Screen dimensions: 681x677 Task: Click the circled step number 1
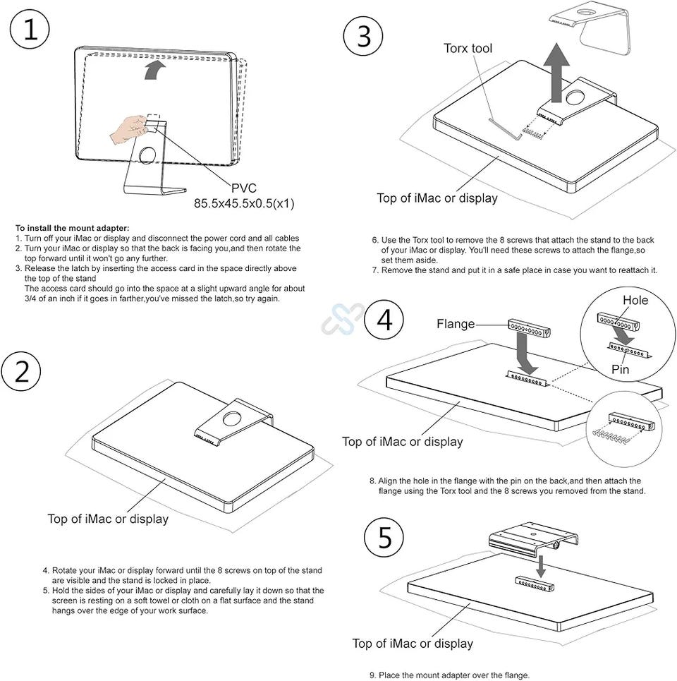30,31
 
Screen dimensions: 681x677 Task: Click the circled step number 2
23,372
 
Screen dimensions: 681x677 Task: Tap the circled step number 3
364,36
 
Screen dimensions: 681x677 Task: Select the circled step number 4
384,320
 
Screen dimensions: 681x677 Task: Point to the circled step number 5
384,538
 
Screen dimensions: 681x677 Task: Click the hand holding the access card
129,130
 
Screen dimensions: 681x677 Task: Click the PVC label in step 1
244,188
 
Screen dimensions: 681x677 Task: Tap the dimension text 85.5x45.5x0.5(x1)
244,203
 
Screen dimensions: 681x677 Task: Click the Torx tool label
468,48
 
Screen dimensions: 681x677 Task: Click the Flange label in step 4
456,324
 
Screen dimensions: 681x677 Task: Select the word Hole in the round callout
635,300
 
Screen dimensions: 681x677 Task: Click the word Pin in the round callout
621,368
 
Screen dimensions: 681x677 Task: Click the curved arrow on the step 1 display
156,68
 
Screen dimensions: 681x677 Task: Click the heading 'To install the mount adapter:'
73,227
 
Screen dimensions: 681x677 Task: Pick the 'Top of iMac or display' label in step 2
108,519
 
